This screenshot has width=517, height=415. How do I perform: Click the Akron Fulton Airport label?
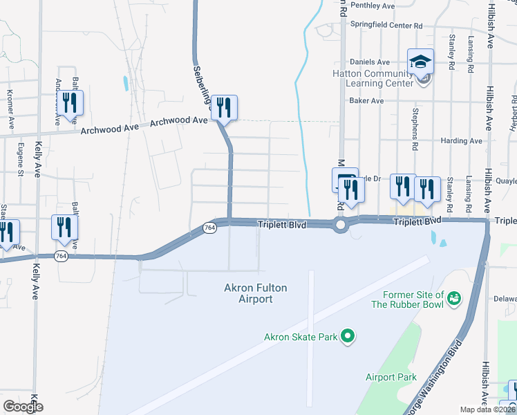pyautogui.click(x=255, y=293)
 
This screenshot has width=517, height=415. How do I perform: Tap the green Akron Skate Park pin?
pyautogui.click(x=349, y=337)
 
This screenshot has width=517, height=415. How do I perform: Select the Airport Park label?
pyautogui.click(x=391, y=377)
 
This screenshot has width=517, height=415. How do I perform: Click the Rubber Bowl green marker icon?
pyautogui.click(x=454, y=298)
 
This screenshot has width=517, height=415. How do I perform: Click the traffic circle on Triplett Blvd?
pyautogui.click(x=340, y=225)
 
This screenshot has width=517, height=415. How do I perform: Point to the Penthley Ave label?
pyautogui.click(x=372, y=6)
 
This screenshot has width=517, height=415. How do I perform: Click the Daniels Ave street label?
pyautogui.click(x=370, y=62)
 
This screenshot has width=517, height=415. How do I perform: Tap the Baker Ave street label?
pyautogui.click(x=366, y=100)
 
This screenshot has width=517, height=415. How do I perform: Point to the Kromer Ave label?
pyautogui.click(x=10, y=110)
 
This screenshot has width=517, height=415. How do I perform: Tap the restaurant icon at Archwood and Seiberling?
pyautogui.click(x=224, y=107)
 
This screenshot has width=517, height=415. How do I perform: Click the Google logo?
pyautogui.click(x=23, y=407)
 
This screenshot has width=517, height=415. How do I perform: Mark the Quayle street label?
pyautogui.click(x=506, y=181)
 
